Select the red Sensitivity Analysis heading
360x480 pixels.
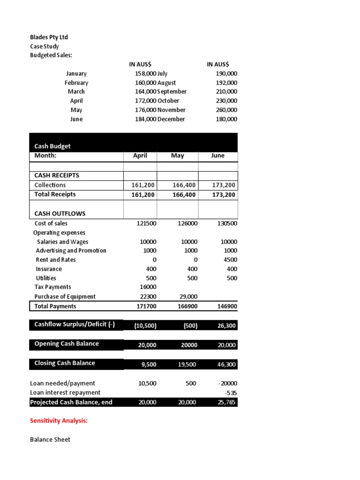point(59,421)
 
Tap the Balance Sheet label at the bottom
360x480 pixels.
point(50,440)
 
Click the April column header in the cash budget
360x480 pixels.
point(140,156)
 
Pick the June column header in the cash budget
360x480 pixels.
point(217,156)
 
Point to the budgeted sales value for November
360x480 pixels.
point(226,110)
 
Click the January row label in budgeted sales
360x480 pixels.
point(76,74)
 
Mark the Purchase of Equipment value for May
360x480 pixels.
point(188,297)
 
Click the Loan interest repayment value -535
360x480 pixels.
point(230,393)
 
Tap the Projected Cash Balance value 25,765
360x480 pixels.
point(226,403)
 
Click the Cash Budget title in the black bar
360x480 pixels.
point(52,146)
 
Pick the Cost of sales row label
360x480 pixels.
point(51,224)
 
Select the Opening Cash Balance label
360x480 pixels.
point(67,344)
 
